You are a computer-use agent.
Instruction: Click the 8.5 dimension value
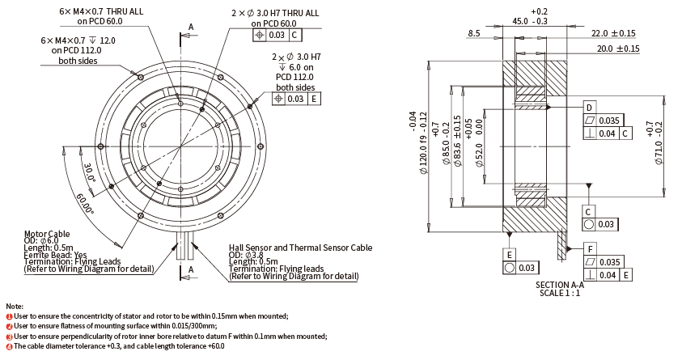pyautogui.click(x=473, y=33)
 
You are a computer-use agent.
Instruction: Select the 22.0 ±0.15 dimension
pyautogui.click(x=613, y=33)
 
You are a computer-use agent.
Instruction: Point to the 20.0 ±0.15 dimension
pyautogui.click(x=618, y=49)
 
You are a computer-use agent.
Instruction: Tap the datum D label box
pyautogui.click(x=589, y=108)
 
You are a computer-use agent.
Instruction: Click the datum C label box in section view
pyautogui.click(x=589, y=210)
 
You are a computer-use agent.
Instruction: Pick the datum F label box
pyautogui.click(x=591, y=249)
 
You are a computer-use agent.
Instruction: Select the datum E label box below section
pyautogui.click(x=510, y=253)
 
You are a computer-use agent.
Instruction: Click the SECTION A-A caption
pyautogui.click(x=560, y=285)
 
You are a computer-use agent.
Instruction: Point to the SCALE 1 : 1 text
pyautogui.click(x=560, y=293)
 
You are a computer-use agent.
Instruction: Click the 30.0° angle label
pyautogui.click(x=89, y=172)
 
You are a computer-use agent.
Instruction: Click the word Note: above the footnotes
pyautogui.click(x=15, y=306)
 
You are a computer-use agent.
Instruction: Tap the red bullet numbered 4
pyautogui.click(x=8, y=346)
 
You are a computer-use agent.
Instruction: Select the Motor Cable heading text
pyautogui.click(x=48, y=232)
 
